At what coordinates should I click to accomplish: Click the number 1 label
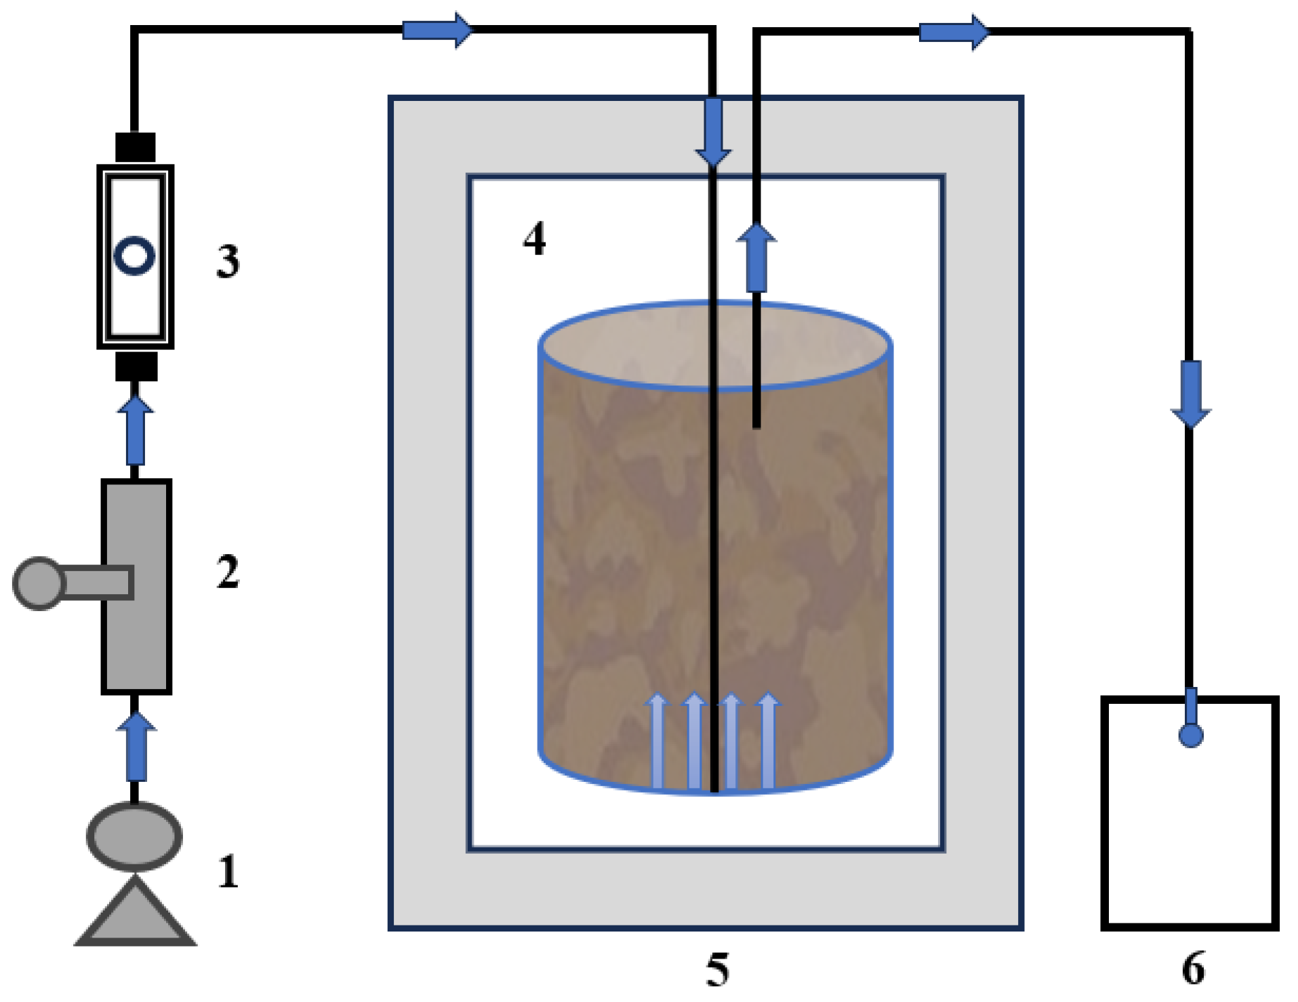click(228, 871)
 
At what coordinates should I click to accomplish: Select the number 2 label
click(228, 572)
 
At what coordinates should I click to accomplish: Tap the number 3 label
click(228, 262)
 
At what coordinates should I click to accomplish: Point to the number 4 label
click(534, 239)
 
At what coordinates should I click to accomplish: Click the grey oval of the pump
click(134, 836)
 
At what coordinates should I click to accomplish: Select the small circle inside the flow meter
click(134, 256)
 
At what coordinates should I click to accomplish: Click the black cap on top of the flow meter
click(135, 147)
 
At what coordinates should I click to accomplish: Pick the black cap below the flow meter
click(136, 367)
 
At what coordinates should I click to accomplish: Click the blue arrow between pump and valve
click(136, 747)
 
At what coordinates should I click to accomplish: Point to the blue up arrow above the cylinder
click(756, 257)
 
